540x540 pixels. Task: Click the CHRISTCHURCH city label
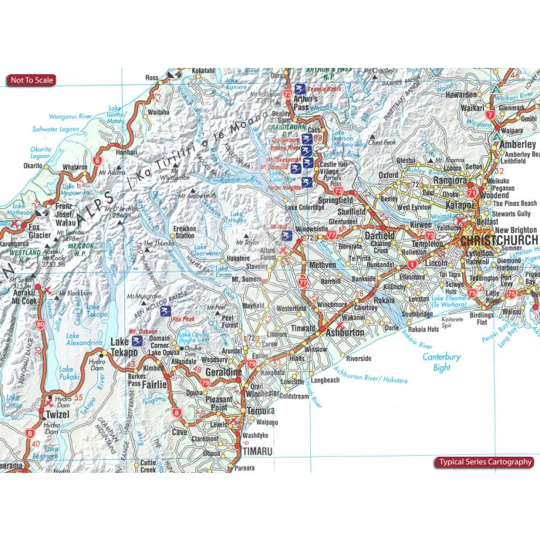[494, 240]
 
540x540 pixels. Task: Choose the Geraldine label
[224, 372]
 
